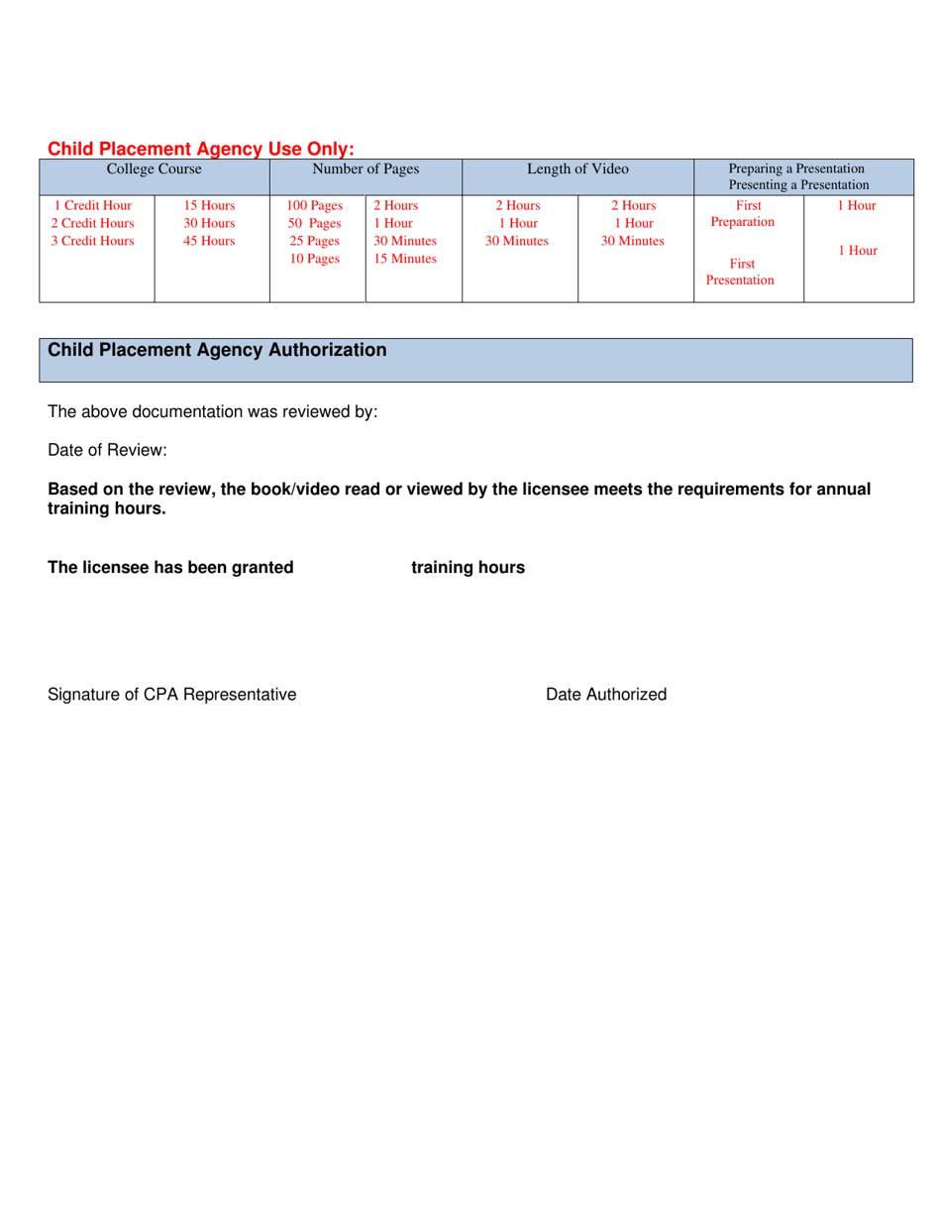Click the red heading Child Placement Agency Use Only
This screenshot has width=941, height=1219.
(201, 149)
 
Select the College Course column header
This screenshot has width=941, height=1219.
(154, 169)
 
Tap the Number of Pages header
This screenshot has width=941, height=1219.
(366, 169)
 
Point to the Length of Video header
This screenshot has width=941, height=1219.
(577, 169)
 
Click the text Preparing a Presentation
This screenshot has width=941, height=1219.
(796, 168)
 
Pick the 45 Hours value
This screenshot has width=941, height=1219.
(210, 241)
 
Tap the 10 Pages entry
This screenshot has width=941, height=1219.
(314, 259)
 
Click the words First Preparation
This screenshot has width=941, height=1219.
(743, 214)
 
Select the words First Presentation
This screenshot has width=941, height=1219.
(740, 273)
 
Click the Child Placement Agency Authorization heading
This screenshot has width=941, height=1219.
(218, 350)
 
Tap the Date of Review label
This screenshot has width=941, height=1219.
(107, 450)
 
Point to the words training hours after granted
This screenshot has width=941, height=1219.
(468, 568)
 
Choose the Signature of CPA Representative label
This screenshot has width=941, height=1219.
(171, 695)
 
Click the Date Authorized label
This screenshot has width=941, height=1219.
(606, 695)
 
